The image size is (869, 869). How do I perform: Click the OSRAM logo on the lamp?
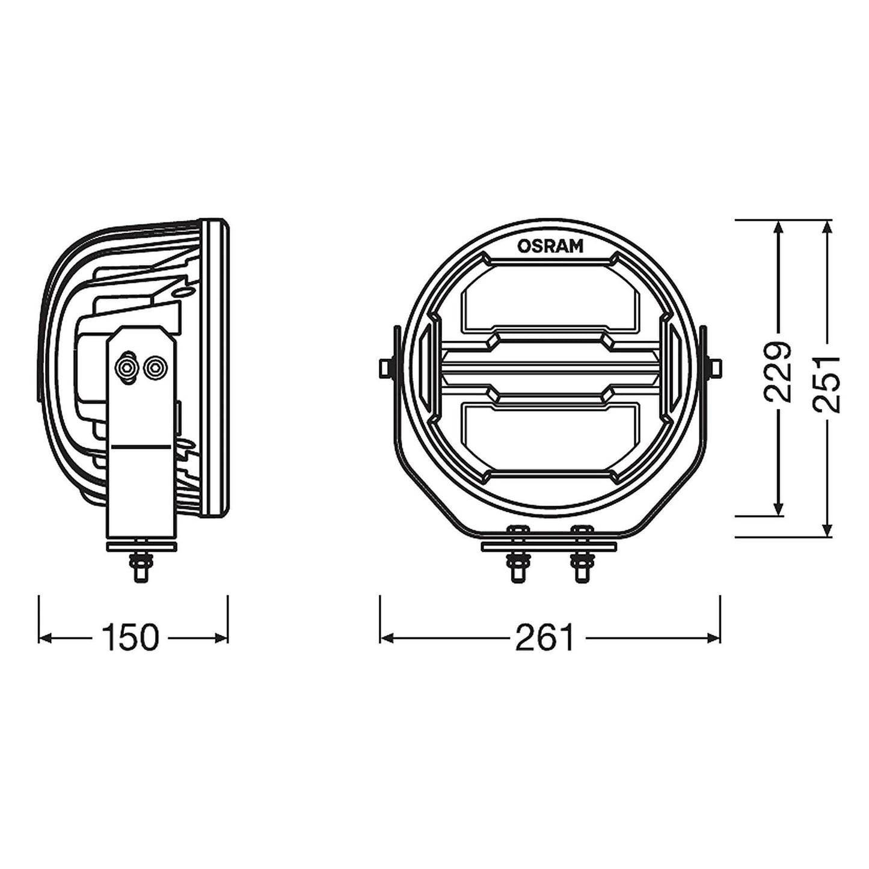pyautogui.click(x=550, y=246)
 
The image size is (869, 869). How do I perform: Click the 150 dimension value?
pyautogui.click(x=130, y=637)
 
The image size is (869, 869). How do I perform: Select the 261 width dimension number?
pyautogui.click(x=545, y=637)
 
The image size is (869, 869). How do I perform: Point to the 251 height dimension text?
pyautogui.click(x=826, y=384)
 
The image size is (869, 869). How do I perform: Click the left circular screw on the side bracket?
pyautogui.click(x=127, y=367)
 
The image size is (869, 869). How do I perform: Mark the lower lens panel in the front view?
pyautogui.click(x=550, y=434)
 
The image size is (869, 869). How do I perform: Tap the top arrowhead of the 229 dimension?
pyautogui.click(x=779, y=227)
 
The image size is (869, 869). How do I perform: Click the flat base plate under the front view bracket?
pyautogui.click(x=550, y=546)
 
